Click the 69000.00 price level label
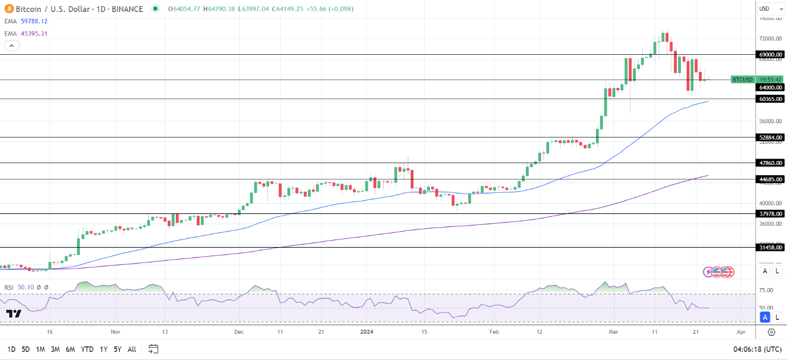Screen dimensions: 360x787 (x=770, y=55)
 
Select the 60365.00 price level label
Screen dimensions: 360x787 (x=770, y=99)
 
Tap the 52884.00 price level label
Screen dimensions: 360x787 (x=770, y=137)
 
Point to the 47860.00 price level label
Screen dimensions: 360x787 (x=770, y=163)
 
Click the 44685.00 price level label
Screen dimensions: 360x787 (x=770, y=179)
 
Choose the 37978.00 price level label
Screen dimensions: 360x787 (x=770, y=214)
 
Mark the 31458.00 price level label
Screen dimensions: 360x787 (x=770, y=248)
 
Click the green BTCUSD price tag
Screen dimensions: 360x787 (x=743, y=79)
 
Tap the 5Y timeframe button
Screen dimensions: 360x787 (x=116, y=349)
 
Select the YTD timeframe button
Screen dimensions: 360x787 (x=87, y=349)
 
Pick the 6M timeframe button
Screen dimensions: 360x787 (x=70, y=349)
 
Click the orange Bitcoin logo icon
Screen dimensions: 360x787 (x=9, y=9)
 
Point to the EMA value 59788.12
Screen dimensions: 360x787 (x=34, y=21)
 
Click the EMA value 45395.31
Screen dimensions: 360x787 (x=34, y=34)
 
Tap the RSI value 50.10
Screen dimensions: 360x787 (x=25, y=287)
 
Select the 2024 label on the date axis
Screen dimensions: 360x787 (x=366, y=331)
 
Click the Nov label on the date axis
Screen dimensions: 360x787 (x=116, y=331)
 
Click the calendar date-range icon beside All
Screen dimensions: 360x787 (x=153, y=349)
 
